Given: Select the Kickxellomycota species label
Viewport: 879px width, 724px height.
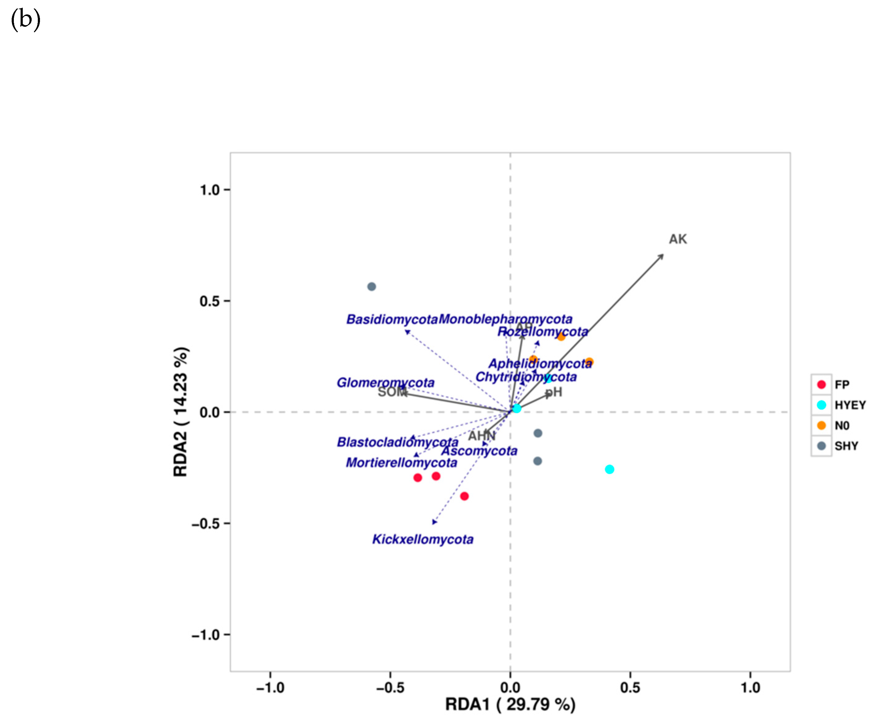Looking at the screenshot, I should pyautogui.click(x=422, y=539).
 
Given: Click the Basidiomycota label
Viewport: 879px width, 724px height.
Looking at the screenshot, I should pyautogui.click(x=392, y=319).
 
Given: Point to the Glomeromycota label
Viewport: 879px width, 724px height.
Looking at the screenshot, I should pyautogui.click(x=385, y=382).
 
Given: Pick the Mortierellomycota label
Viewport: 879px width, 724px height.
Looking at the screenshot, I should pyautogui.click(x=401, y=463).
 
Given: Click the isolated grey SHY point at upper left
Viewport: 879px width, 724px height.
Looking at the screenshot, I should pyautogui.click(x=371, y=287).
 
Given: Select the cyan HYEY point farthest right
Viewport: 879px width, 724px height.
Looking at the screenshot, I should pyautogui.click(x=609, y=469).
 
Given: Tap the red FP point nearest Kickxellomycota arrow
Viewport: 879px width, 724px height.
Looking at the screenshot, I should pyautogui.click(x=464, y=496).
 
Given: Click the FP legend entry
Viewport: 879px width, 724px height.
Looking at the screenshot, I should pyautogui.click(x=841, y=385).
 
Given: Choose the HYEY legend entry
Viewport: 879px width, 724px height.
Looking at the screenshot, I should pyautogui.click(x=849, y=405).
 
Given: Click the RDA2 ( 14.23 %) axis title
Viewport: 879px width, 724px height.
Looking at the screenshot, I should pyautogui.click(x=181, y=412).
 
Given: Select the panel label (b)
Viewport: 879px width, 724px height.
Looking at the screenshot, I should pyautogui.click(x=26, y=20).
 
